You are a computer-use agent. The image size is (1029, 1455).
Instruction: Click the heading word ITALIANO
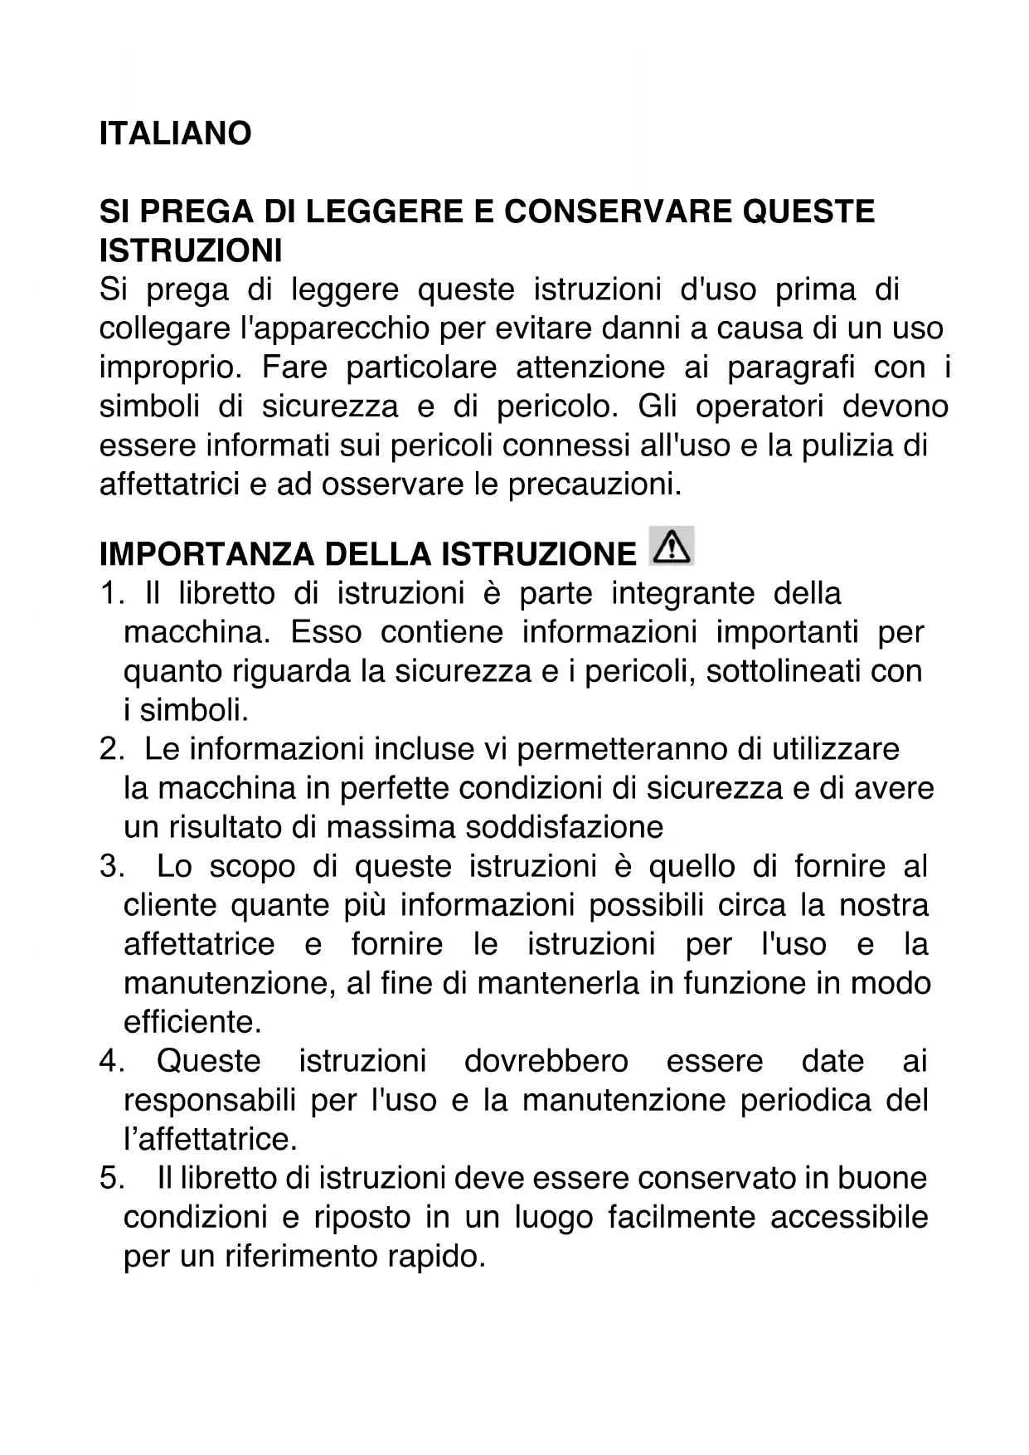pos(175,134)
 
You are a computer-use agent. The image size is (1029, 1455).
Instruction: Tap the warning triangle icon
pos(672,547)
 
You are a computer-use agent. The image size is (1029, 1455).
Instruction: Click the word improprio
pos(171,367)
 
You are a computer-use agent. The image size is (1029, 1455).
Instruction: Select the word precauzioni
pos(594,484)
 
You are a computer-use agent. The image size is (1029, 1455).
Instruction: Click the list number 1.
pos(111,594)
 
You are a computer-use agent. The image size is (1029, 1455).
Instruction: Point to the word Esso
pos(326,633)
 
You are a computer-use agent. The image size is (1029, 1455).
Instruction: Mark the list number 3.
pos(111,867)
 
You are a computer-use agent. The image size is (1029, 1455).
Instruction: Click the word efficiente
pos(192,1022)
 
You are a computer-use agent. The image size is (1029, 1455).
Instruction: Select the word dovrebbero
pos(546,1061)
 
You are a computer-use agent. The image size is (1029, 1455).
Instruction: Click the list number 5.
pos(111,1179)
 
